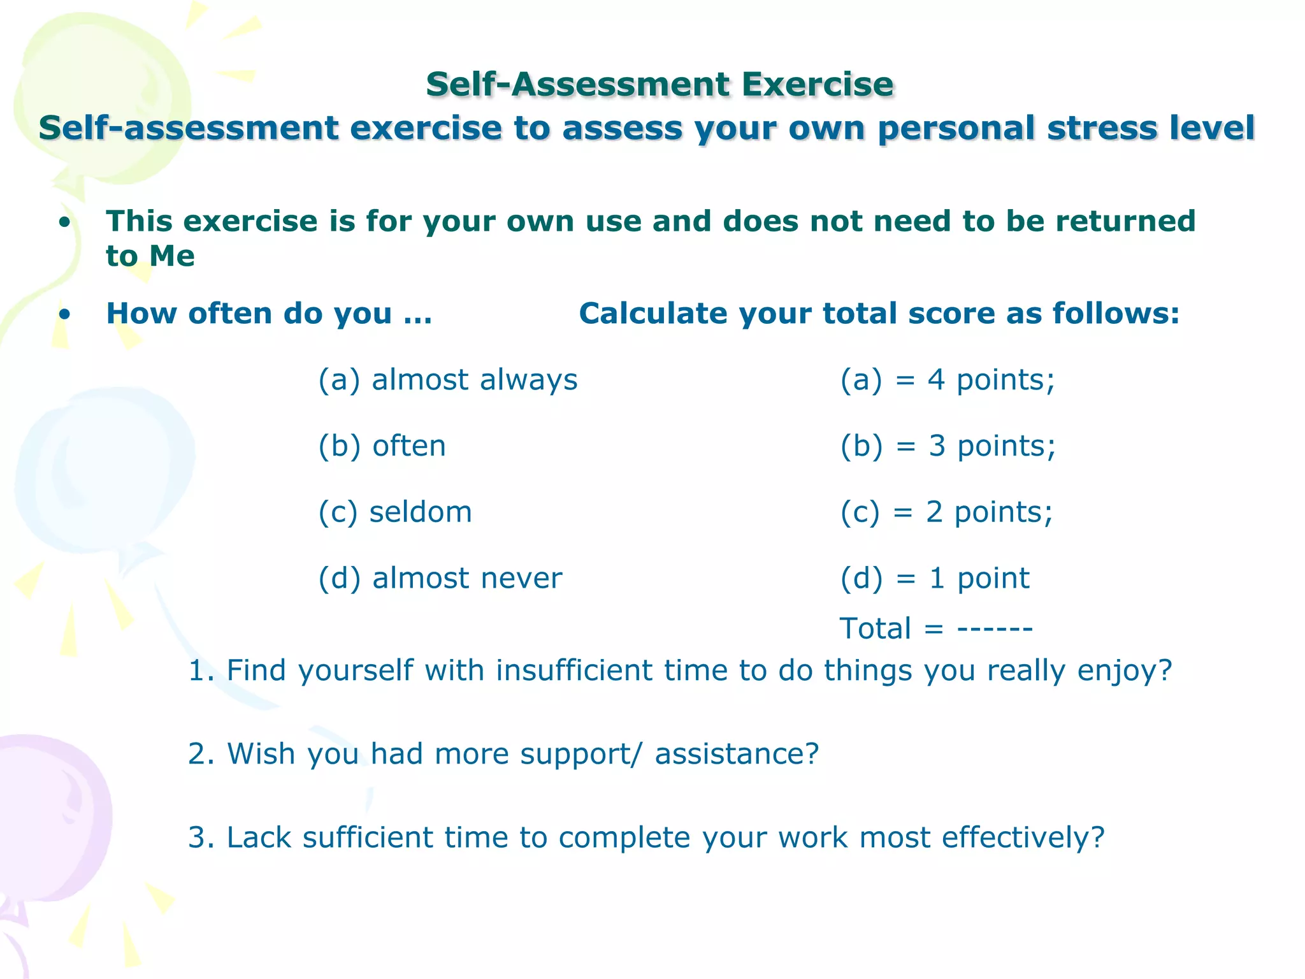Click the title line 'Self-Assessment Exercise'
tap(660, 85)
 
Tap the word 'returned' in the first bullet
tap(1125, 221)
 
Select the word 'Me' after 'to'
tap(172, 256)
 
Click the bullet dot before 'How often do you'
tap(64, 314)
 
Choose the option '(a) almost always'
tap(447, 380)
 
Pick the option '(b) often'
tap(382, 446)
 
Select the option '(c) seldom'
tap(395, 512)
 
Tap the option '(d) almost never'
tap(440, 579)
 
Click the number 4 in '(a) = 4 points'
tap(935, 380)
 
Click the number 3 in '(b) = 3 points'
tap(937, 446)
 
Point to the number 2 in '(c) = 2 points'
tap(934, 512)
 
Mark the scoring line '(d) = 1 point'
tap(934, 579)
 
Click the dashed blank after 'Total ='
tap(995, 629)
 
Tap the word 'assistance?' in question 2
tap(737, 754)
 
